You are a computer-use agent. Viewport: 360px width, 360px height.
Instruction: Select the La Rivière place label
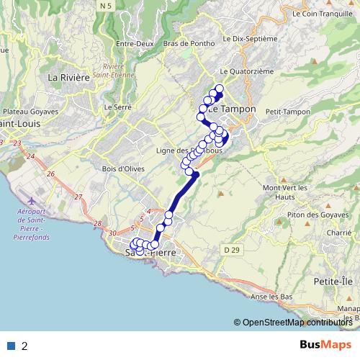[x=68, y=77]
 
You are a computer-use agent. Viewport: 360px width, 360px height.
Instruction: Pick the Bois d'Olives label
[x=123, y=168]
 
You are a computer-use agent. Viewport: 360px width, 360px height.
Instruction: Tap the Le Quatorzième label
[x=247, y=71]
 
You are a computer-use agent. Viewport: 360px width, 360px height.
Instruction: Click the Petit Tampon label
[x=287, y=112]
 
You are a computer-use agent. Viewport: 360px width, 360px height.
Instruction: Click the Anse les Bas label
[x=271, y=297]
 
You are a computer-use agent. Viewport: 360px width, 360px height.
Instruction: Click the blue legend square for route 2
[x=11, y=346]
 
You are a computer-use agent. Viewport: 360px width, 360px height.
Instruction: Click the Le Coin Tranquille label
[x=324, y=13]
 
